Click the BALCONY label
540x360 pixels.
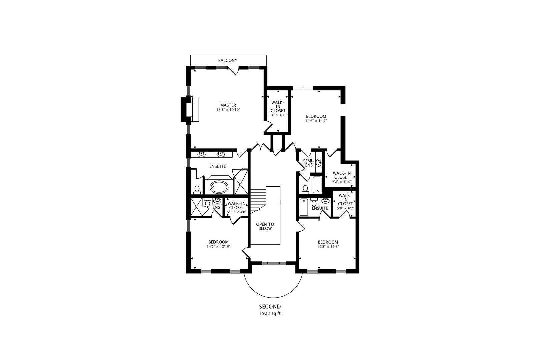[x=228, y=61]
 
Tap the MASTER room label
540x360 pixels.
[x=228, y=105]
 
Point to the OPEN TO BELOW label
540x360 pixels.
[x=265, y=226]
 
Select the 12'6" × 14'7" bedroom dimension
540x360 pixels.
[x=316, y=121]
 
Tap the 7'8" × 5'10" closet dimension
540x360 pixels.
[x=342, y=182]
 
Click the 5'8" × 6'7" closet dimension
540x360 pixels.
[x=345, y=208]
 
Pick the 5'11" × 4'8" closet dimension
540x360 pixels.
[x=236, y=212]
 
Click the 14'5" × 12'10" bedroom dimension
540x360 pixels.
[x=219, y=247]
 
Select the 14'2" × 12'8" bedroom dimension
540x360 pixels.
[x=328, y=247]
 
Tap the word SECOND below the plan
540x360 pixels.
[x=270, y=307]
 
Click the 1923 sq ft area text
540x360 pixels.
[x=270, y=314]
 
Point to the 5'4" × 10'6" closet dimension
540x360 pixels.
[x=278, y=115]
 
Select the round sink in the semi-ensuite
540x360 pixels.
[x=319, y=163]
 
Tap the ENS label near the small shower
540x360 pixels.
[x=216, y=207]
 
